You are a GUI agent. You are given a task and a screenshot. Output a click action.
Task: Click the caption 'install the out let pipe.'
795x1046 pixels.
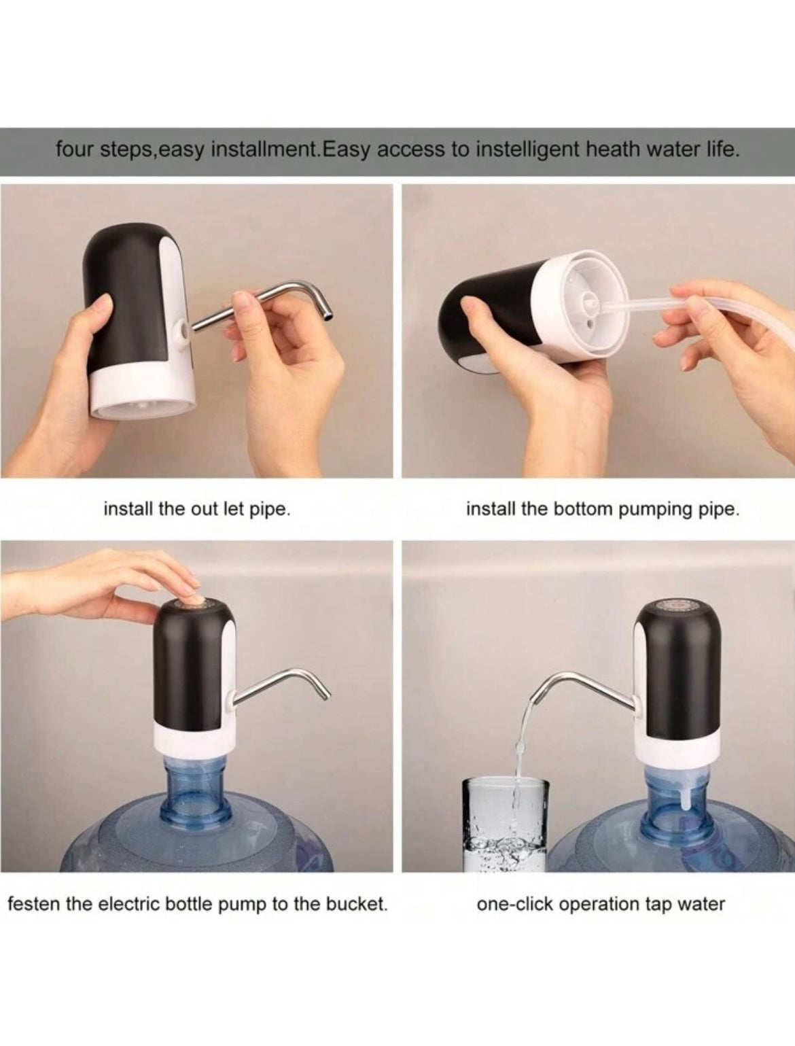coord(197,509)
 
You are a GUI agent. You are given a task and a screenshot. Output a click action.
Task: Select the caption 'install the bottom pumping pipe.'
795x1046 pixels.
coord(603,509)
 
